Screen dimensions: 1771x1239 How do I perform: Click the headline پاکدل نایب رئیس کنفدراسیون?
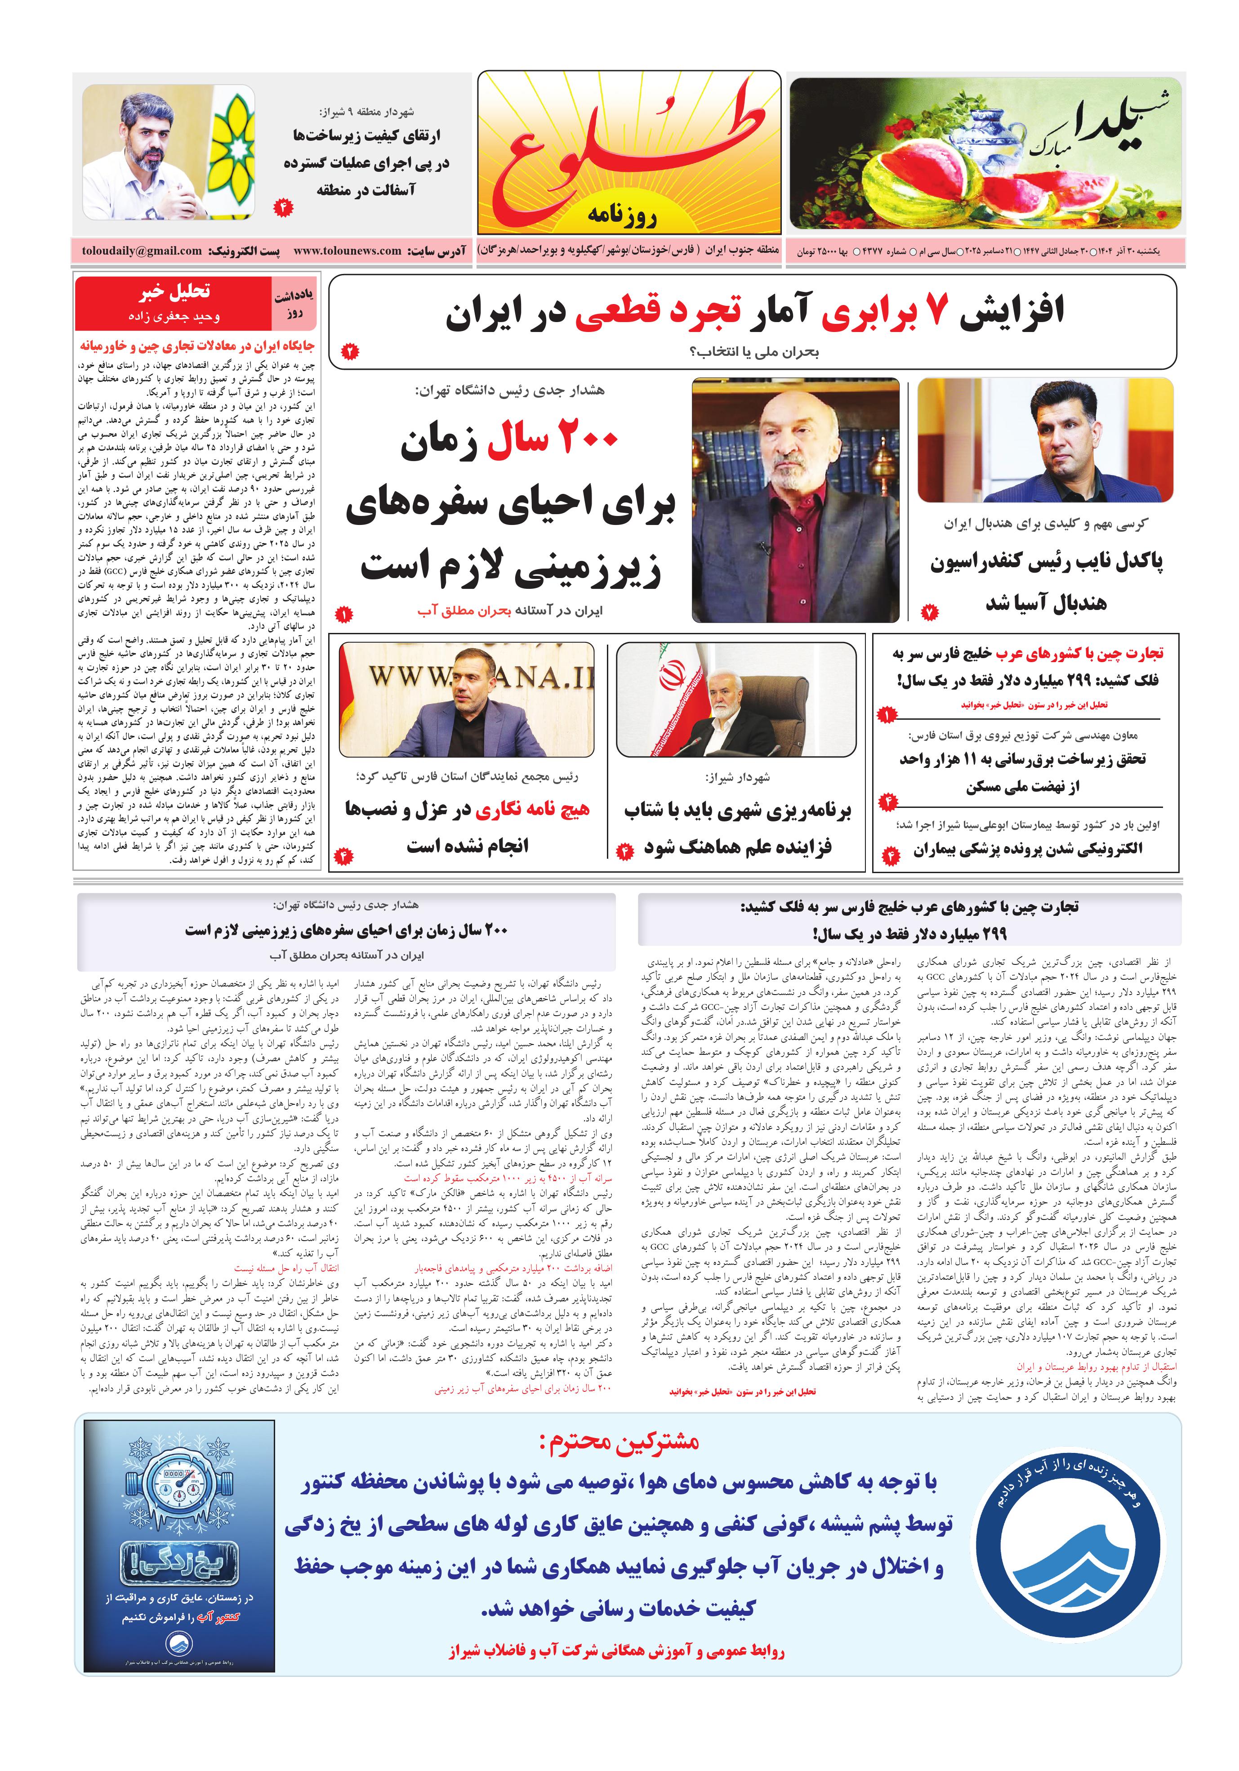pyautogui.click(x=1046, y=561)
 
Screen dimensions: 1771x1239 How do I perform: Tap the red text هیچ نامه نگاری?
pyautogui.click(x=532, y=809)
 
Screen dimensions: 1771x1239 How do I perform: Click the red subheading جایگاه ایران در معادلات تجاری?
pyautogui.click(x=196, y=345)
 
